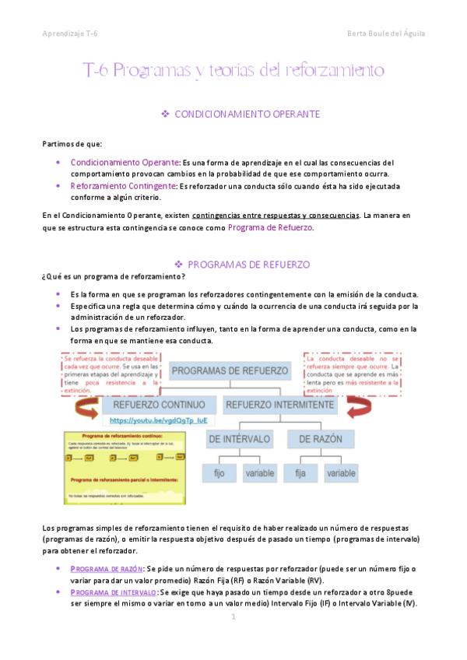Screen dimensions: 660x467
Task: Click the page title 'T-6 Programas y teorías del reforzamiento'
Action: [x=233, y=71]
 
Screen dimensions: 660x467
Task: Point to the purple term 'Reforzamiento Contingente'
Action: [x=123, y=186]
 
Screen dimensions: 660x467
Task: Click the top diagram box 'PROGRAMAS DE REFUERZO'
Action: [x=230, y=371]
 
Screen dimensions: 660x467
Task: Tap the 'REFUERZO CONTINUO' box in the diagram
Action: [x=159, y=405]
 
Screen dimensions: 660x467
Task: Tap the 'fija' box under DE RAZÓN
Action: [x=300, y=472]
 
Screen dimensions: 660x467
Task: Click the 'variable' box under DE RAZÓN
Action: [x=341, y=472]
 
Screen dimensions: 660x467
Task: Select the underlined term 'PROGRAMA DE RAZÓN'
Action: [x=107, y=569]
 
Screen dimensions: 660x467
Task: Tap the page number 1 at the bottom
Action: [x=233, y=616]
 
